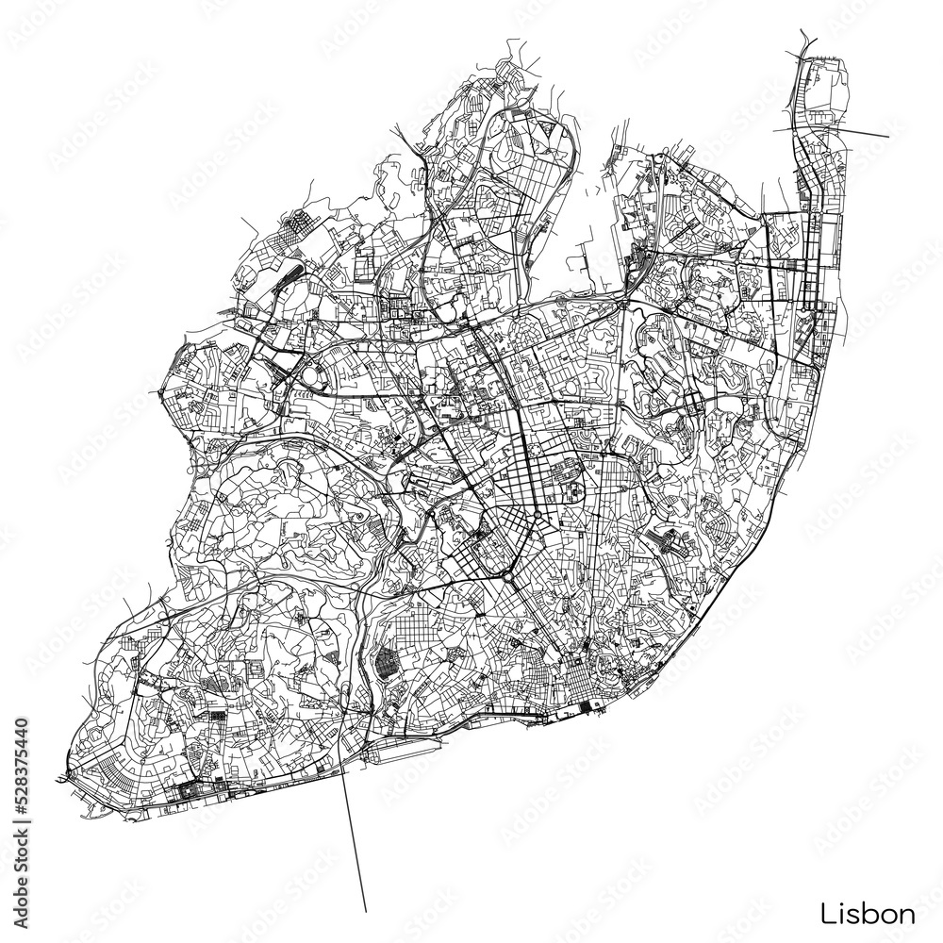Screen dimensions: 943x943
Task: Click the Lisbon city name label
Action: (x=867, y=913)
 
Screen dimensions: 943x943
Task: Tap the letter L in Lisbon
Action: (x=826, y=913)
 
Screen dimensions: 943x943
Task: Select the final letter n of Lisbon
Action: (x=906, y=915)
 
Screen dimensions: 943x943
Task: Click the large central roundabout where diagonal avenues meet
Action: (x=506, y=572)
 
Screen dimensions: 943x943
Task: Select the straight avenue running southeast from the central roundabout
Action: (x=542, y=618)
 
